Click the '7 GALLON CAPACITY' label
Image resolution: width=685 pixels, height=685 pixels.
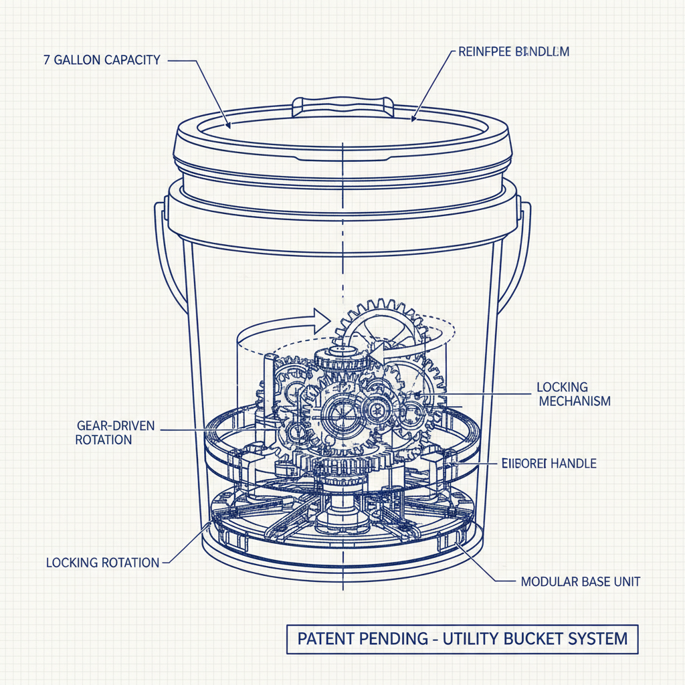coord(102,60)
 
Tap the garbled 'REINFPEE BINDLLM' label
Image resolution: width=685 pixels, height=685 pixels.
coord(514,52)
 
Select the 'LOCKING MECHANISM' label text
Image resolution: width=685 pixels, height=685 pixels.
coord(574,394)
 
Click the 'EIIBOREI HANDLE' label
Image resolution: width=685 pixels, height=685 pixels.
coord(549,463)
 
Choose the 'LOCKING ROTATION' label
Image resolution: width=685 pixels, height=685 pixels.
coord(103,563)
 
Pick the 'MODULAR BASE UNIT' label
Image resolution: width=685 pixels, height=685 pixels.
coord(580,581)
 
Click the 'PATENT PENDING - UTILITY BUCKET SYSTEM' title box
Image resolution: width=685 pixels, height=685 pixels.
coord(462,638)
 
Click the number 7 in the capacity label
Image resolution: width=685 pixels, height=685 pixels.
coord(45,60)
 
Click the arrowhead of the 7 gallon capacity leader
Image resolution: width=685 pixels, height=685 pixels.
coord(229,124)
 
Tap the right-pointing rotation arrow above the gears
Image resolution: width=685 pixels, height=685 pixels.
coord(317,320)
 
